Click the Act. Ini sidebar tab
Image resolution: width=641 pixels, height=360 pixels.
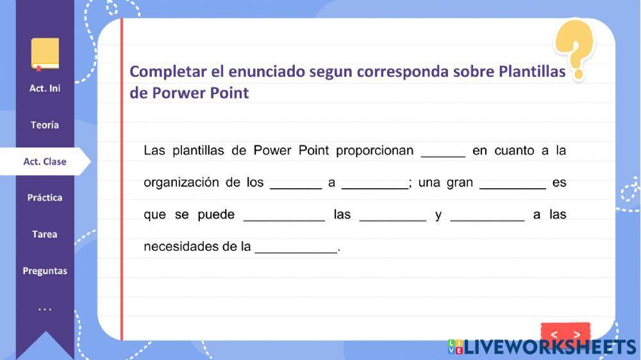coord(45,88)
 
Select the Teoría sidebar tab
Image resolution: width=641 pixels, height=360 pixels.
coord(45,125)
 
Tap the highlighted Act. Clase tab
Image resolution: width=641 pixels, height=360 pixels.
coord(45,161)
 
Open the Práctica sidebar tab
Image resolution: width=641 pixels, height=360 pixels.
coord(45,197)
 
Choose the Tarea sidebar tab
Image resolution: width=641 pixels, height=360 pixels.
coord(45,234)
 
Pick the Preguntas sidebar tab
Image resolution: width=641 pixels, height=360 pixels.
coord(45,270)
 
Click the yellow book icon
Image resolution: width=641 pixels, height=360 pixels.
coord(45,54)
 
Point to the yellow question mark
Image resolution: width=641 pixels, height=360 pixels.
coord(575,48)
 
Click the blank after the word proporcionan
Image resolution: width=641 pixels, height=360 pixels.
coord(443,151)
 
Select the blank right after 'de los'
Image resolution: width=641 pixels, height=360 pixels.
coord(296,183)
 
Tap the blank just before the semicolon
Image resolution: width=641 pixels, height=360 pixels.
coord(374,183)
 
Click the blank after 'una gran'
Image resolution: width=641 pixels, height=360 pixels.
coord(512,183)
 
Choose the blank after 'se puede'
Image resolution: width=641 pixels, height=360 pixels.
coord(284,215)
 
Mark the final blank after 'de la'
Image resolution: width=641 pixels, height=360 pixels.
coord(296,247)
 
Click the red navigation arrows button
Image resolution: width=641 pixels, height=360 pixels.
coord(565,334)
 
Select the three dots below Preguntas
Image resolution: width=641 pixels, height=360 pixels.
coord(45,309)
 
